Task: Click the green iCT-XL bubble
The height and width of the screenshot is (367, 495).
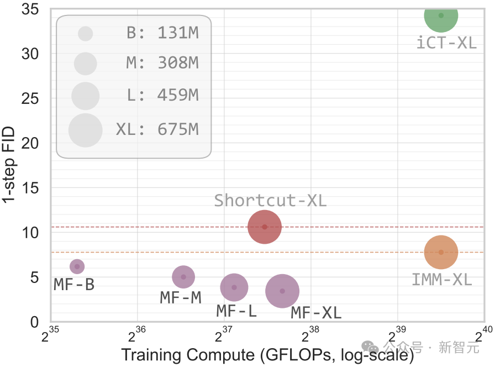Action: coord(441,15)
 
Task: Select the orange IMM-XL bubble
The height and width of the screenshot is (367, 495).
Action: coord(441,252)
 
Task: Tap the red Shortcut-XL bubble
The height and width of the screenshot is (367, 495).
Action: coord(265,227)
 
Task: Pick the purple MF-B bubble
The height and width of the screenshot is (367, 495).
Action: coord(77,266)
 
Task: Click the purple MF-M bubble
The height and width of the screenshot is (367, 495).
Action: coord(183,277)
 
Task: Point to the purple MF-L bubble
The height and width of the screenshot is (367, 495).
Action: coord(234,287)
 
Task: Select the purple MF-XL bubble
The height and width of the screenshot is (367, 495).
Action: coord(282,291)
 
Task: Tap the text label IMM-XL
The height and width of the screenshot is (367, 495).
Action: coord(441,280)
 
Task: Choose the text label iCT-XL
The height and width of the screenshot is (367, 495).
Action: coord(446,43)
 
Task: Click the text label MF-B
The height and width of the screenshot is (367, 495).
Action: coord(74,285)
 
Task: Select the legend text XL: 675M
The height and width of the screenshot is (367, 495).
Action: coord(157,130)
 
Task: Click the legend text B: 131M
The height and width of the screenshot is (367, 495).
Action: coord(162,33)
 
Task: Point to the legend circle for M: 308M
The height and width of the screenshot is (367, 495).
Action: coord(85,64)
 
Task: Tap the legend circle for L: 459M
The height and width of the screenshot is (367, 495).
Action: coord(85,96)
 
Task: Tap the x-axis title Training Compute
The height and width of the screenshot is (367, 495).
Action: coord(267,355)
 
